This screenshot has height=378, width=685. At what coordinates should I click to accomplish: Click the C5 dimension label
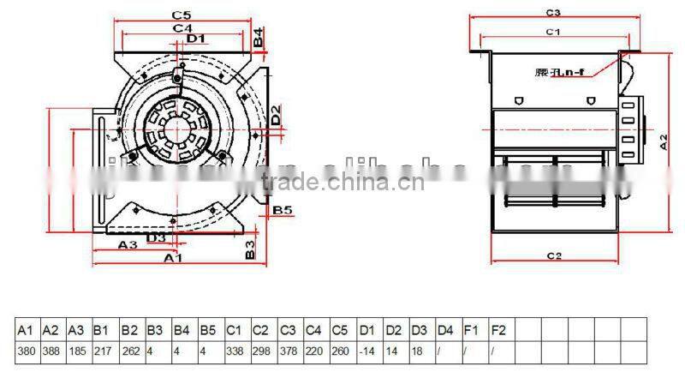tap(180, 15)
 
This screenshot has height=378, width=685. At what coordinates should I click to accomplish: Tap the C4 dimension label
tap(182, 27)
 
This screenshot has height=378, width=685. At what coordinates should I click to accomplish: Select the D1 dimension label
tap(195, 38)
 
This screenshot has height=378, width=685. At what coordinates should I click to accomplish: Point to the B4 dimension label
tap(259, 37)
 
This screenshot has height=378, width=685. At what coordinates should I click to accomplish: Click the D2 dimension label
tap(275, 113)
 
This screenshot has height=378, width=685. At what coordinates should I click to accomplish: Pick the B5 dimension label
tap(283, 209)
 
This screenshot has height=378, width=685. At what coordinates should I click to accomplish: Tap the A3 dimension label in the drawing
tap(128, 244)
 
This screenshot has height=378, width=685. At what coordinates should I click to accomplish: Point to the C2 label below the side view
tap(553, 255)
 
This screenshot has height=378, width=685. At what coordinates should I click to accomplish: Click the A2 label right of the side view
tap(664, 141)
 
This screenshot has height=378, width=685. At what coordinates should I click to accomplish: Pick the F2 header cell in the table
tap(498, 329)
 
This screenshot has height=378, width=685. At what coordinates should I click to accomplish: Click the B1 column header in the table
tap(101, 329)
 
